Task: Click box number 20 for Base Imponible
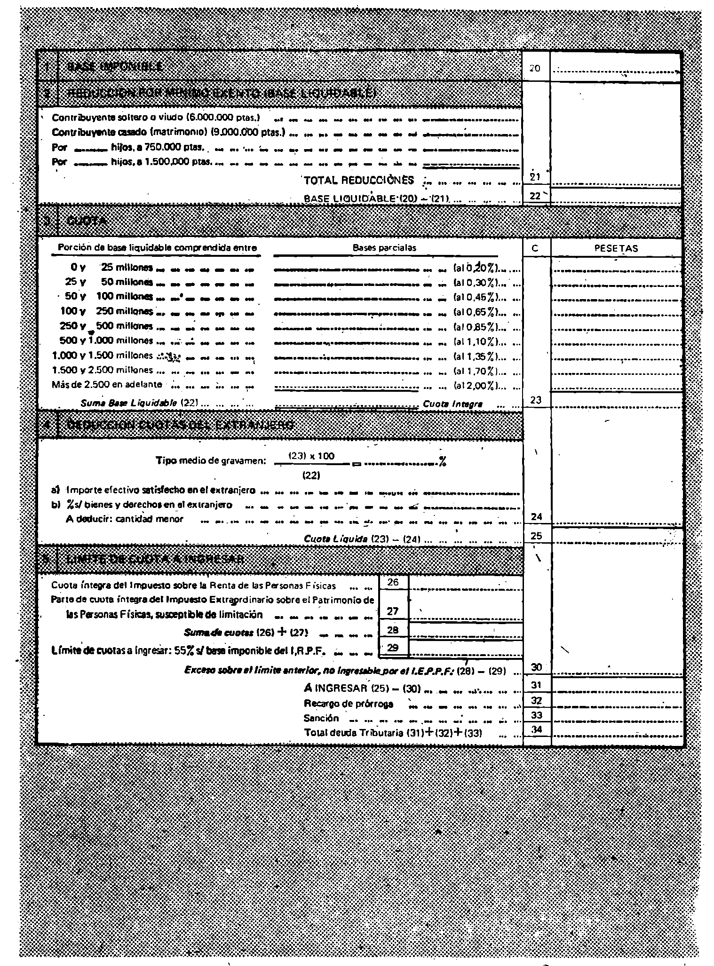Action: click(x=535, y=69)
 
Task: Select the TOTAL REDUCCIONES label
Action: click(x=359, y=181)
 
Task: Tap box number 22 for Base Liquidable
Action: click(x=535, y=196)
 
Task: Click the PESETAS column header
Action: click(x=616, y=249)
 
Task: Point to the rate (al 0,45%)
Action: click(x=479, y=298)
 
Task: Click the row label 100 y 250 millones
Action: click(x=106, y=312)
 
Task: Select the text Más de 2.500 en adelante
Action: click(x=107, y=385)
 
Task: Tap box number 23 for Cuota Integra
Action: click(x=536, y=400)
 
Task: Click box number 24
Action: click(x=536, y=517)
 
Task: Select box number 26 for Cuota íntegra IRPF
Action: click(x=393, y=582)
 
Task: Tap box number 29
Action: click(x=393, y=648)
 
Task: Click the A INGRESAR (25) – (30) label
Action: click(x=362, y=689)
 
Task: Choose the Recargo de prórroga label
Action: click(x=348, y=704)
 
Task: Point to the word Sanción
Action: click(x=321, y=718)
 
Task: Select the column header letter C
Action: click(x=536, y=249)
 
